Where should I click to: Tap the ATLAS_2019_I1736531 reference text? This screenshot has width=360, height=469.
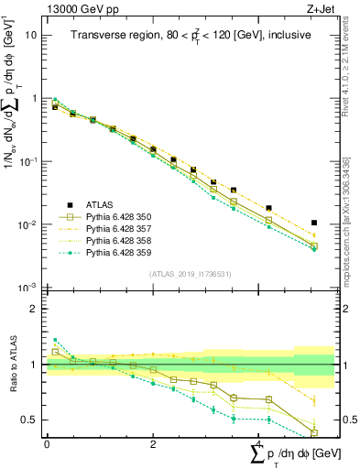point(189,274)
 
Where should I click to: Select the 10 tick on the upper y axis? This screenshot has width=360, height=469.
point(31,35)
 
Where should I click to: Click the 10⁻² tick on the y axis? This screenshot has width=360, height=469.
point(27,224)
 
